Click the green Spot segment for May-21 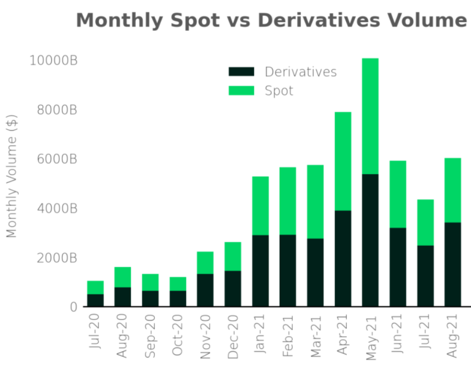(x=370, y=116)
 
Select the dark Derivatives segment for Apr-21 (x=343, y=259)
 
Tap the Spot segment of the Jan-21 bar (x=260, y=206)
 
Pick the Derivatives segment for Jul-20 (x=95, y=300)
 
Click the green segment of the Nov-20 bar (x=205, y=263)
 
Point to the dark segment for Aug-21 (x=453, y=265)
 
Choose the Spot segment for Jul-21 (x=426, y=223)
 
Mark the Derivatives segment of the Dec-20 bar (x=233, y=289)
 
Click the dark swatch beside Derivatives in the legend (x=241, y=72)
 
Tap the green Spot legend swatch (x=241, y=90)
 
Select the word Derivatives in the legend (x=301, y=72)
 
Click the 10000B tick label (x=53, y=60)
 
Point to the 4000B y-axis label (x=57, y=209)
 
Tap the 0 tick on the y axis (x=74, y=307)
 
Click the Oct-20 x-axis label (x=177, y=335)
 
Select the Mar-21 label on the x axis (x=316, y=336)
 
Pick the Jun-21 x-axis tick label (x=397, y=334)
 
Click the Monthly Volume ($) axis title (x=12, y=176)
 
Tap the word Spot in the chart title (x=194, y=21)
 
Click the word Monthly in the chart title (x=120, y=21)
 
